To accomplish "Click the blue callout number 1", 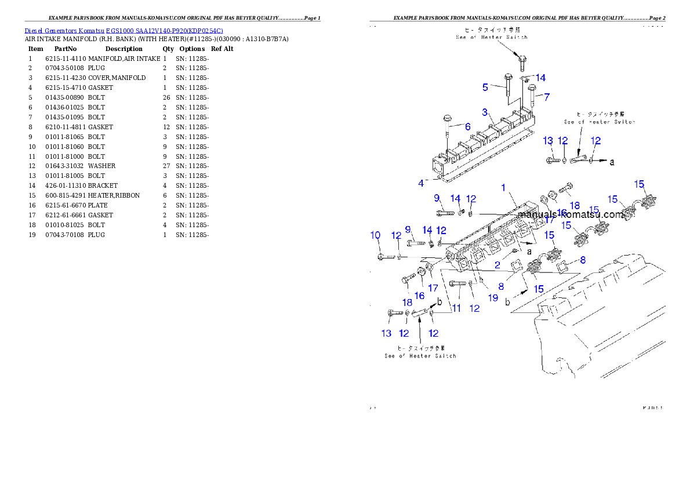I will (504, 187).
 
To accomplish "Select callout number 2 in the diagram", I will (497, 265).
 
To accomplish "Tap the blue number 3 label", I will (485, 112).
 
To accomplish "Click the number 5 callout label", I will (485, 88).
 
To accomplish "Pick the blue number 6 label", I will (467, 126).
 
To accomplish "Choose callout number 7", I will (546, 97).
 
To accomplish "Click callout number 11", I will (456, 308).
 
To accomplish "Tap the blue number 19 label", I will (493, 298).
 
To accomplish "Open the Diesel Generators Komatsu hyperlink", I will (124, 31).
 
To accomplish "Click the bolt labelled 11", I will (457, 283).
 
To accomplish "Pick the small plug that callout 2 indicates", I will (514, 252).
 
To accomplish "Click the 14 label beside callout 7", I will (540, 78).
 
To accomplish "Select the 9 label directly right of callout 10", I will (408, 230).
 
